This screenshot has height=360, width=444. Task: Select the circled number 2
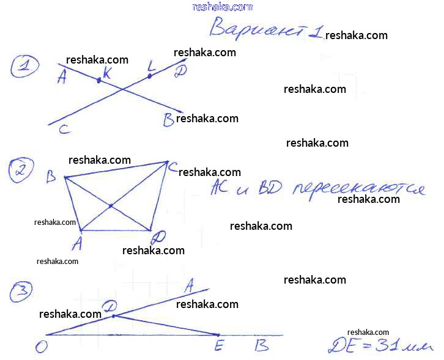21,170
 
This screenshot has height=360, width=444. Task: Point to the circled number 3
21,295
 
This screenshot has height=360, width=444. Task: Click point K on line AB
99,79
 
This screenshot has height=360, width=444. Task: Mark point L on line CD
149,76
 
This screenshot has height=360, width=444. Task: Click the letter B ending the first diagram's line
169,120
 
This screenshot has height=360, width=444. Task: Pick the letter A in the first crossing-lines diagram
61,78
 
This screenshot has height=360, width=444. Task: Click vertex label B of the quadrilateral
51,177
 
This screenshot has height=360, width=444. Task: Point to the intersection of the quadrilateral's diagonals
110,206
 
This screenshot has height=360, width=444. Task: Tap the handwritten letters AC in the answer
218,187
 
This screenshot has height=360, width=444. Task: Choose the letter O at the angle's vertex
42,347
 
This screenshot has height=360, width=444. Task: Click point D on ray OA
114,315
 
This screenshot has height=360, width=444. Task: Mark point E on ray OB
218,335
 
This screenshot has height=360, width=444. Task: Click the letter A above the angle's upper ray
189,284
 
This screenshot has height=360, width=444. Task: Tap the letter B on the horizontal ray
261,346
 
